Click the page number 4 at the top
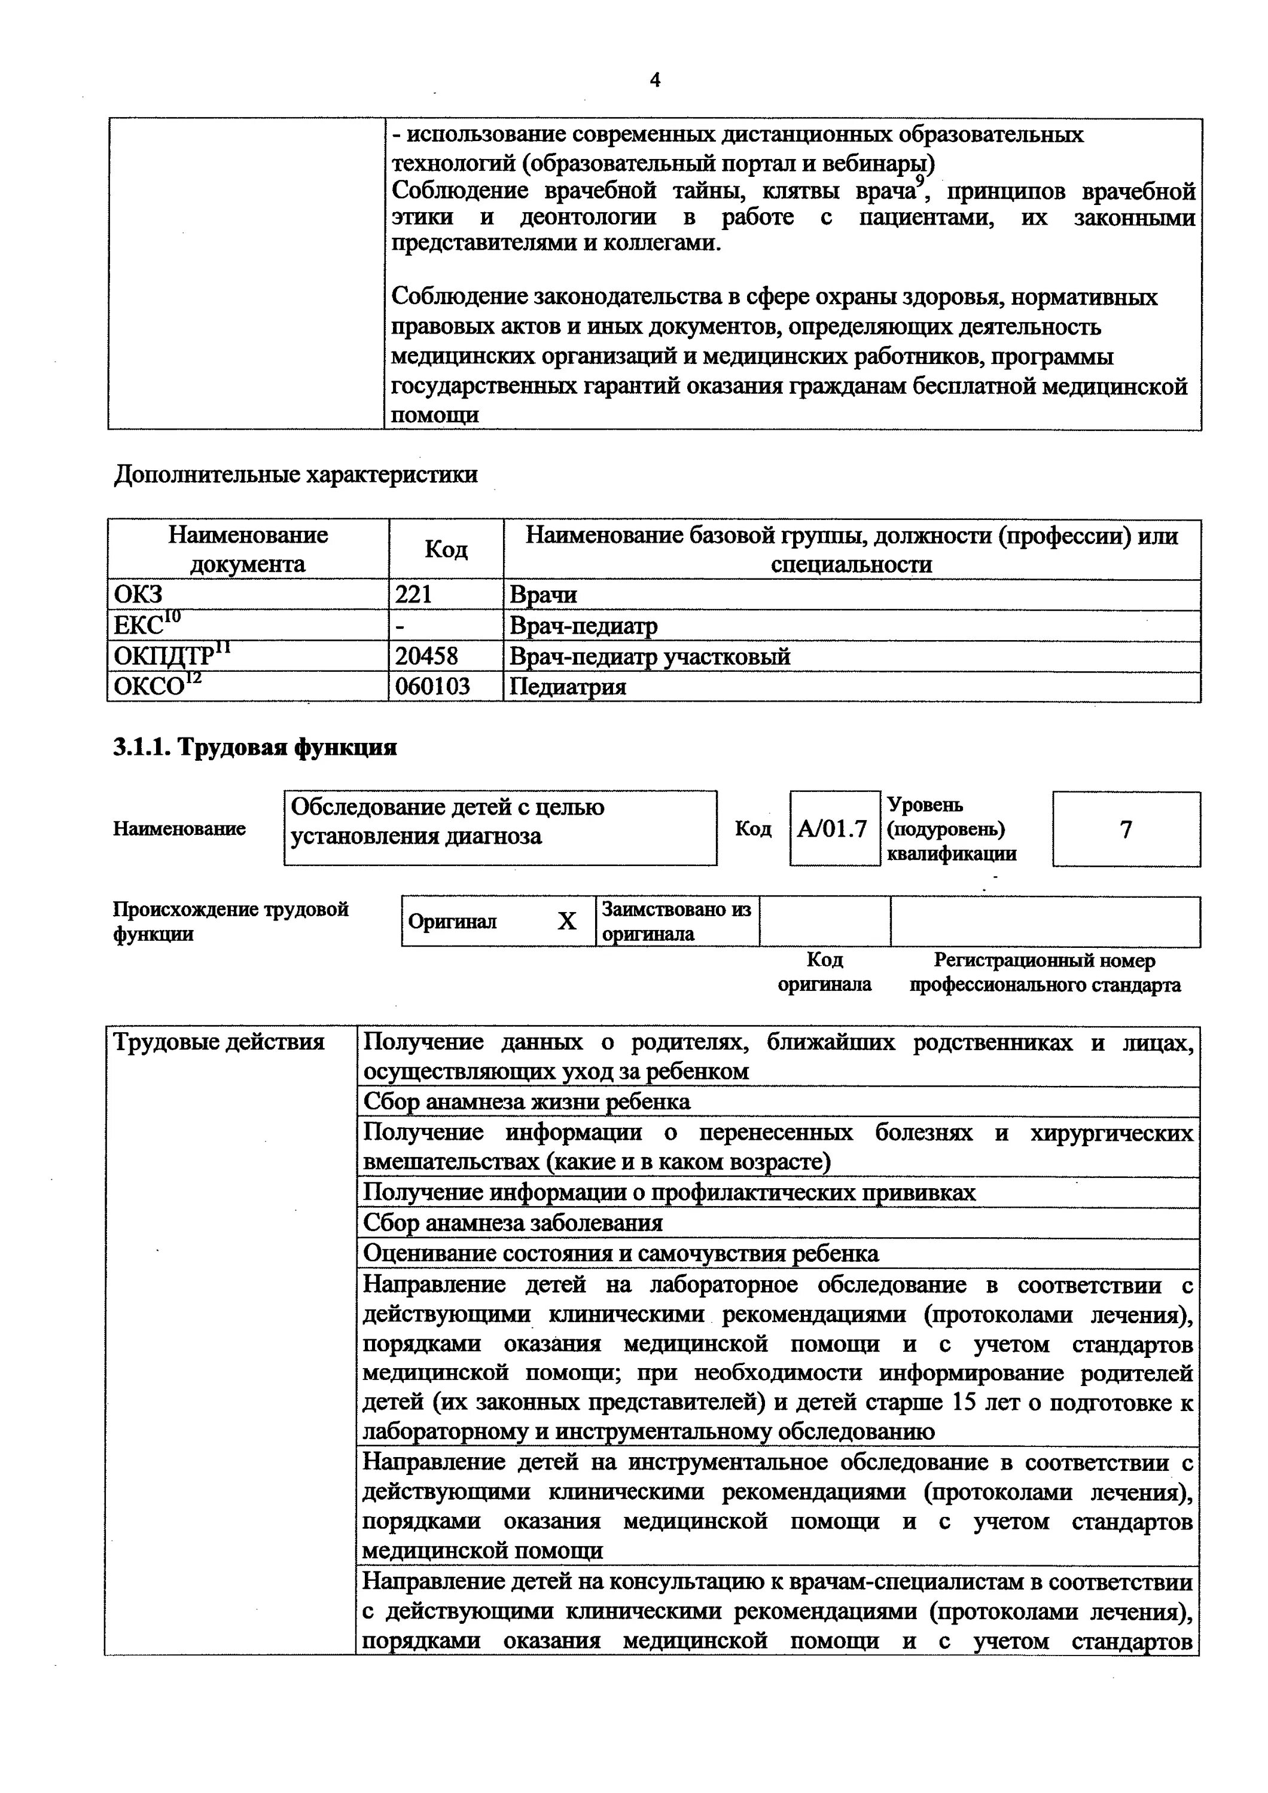pos(655,81)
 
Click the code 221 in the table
pos(413,595)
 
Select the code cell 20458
pos(426,656)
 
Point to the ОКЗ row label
pos(138,595)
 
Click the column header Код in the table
pos(446,550)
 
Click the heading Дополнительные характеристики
pos(296,475)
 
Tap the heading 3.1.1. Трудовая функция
pos(255,747)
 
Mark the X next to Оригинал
pos(567,922)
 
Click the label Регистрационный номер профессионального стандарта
pos(1044,972)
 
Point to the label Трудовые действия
pos(220,1042)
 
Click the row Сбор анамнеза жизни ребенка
pos(528,1102)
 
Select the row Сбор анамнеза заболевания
pos(513,1223)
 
